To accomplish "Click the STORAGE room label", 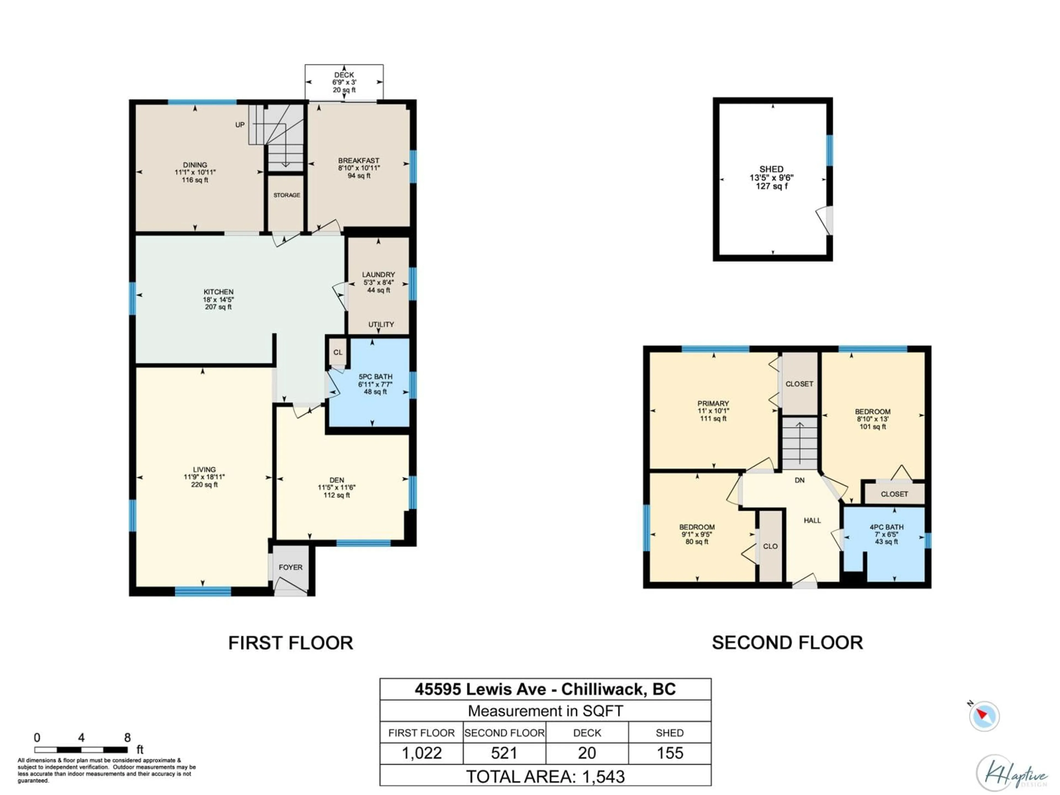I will point(287,195).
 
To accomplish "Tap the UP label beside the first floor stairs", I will point(240,124).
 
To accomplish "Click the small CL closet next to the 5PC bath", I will point(338,352).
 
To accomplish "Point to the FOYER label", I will point(290,567).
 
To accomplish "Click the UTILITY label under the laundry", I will point(381,324).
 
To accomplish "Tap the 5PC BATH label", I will point(375,377).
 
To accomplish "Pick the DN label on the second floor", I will point(799,480).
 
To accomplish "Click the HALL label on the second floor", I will point(812,520).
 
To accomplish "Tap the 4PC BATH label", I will point(886,527).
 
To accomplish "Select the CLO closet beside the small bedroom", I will point(770,546).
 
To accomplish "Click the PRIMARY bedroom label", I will point(713,404).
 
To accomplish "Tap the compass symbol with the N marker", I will point(984,716).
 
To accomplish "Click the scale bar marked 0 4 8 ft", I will point(81,749).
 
